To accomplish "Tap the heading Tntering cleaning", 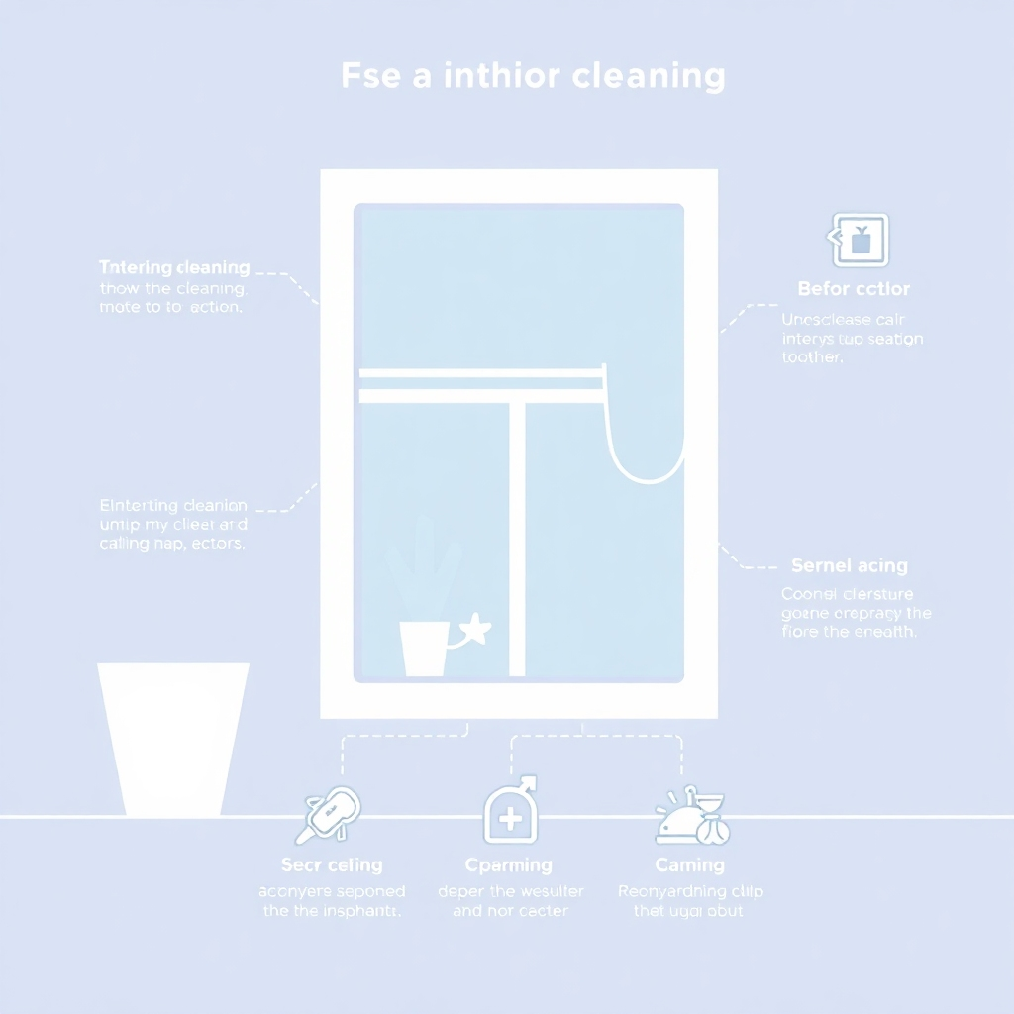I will click(174, 268).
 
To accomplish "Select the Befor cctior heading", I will click(853, 289).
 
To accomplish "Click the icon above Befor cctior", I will click(858, 240).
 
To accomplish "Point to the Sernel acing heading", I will click(850, 566).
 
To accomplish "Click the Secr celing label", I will click(332, 864).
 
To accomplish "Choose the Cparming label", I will click(509, 864).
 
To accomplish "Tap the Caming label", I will click(689, 864).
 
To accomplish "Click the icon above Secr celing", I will click(331, 813).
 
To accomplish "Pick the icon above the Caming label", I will click(692, 818).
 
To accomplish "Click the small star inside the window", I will click(475, 629).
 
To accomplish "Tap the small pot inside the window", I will click(423, 649).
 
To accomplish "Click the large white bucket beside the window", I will click(173, 738).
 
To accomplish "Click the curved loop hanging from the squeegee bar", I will click(645, 436).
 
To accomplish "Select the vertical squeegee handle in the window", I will click(516, 535).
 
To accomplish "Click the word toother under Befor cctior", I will click(812, 357).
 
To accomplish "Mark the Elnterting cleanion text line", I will click(173, 505).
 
